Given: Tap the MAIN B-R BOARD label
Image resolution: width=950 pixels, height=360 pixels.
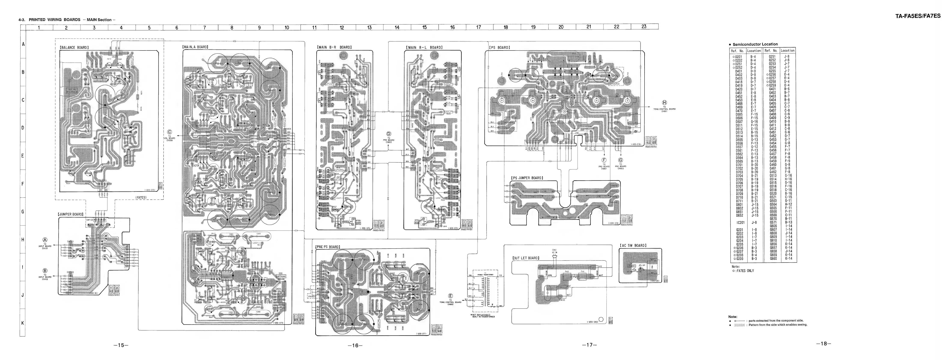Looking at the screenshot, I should [x=334, y=47].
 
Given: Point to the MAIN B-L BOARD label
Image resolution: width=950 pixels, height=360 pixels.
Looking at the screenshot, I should [x=424, y=47].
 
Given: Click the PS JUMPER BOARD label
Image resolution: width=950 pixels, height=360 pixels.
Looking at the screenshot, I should [x=527, y=178].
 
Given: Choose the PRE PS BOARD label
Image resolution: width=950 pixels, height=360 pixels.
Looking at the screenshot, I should [x=328, y=246].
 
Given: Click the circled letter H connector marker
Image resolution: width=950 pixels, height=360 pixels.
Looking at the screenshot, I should [x=665, y=103].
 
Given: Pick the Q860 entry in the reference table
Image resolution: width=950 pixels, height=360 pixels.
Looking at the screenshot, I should [x=773, y=259].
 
